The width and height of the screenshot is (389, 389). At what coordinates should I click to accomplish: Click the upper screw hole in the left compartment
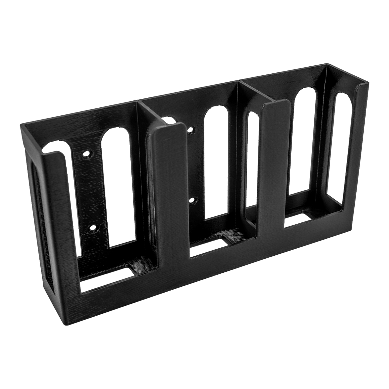86,155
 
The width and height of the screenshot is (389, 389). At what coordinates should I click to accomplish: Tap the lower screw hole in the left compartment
93,228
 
